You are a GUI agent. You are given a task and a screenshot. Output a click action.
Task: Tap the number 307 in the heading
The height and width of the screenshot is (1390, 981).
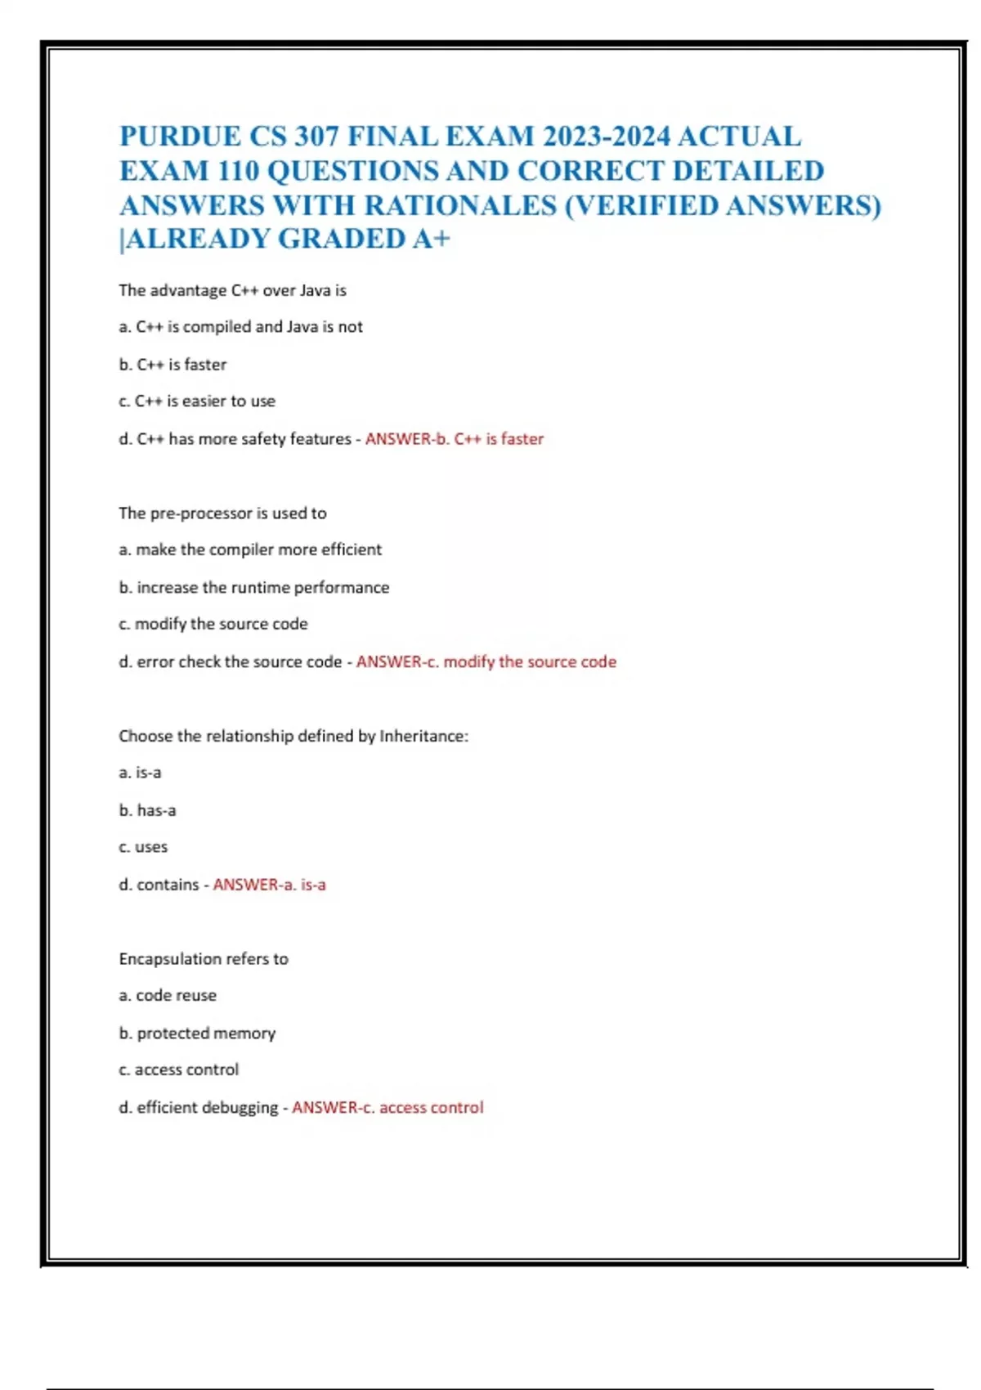[316, 136]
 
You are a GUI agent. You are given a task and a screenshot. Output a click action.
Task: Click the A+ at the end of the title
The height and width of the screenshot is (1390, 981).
[431, 239]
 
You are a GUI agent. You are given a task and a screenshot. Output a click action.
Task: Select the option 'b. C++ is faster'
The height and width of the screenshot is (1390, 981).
[172, 365]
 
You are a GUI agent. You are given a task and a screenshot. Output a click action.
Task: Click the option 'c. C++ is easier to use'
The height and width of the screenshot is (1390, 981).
[197, 401]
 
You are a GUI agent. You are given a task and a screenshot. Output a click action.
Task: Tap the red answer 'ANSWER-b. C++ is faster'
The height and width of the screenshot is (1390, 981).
[454, 439]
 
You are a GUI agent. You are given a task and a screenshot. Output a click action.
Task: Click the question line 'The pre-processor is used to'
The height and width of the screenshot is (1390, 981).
[222, 513]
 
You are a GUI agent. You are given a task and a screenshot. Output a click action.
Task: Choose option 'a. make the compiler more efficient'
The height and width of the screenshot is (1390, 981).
[250, 549]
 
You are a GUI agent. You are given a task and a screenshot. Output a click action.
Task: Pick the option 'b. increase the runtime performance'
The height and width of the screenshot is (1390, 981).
[253, 587]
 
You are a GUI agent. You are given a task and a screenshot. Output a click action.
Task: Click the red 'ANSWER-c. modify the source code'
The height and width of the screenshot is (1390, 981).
[486, 661]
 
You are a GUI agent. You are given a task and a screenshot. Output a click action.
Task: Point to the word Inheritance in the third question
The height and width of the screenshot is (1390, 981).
[423, 736]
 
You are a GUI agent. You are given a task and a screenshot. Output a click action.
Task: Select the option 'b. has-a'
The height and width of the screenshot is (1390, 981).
[147, 810]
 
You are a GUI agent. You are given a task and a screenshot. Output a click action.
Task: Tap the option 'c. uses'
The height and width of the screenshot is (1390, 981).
[143, 847]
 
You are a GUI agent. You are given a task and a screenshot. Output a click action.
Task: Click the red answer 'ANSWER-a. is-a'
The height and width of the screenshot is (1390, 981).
[269, 885]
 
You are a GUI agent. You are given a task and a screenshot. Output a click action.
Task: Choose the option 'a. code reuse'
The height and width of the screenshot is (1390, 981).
[168, 995]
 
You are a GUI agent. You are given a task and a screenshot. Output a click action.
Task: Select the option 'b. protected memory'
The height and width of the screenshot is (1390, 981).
[197, 1034]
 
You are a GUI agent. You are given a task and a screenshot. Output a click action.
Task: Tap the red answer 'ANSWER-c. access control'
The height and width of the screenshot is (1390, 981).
[387, 1108]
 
